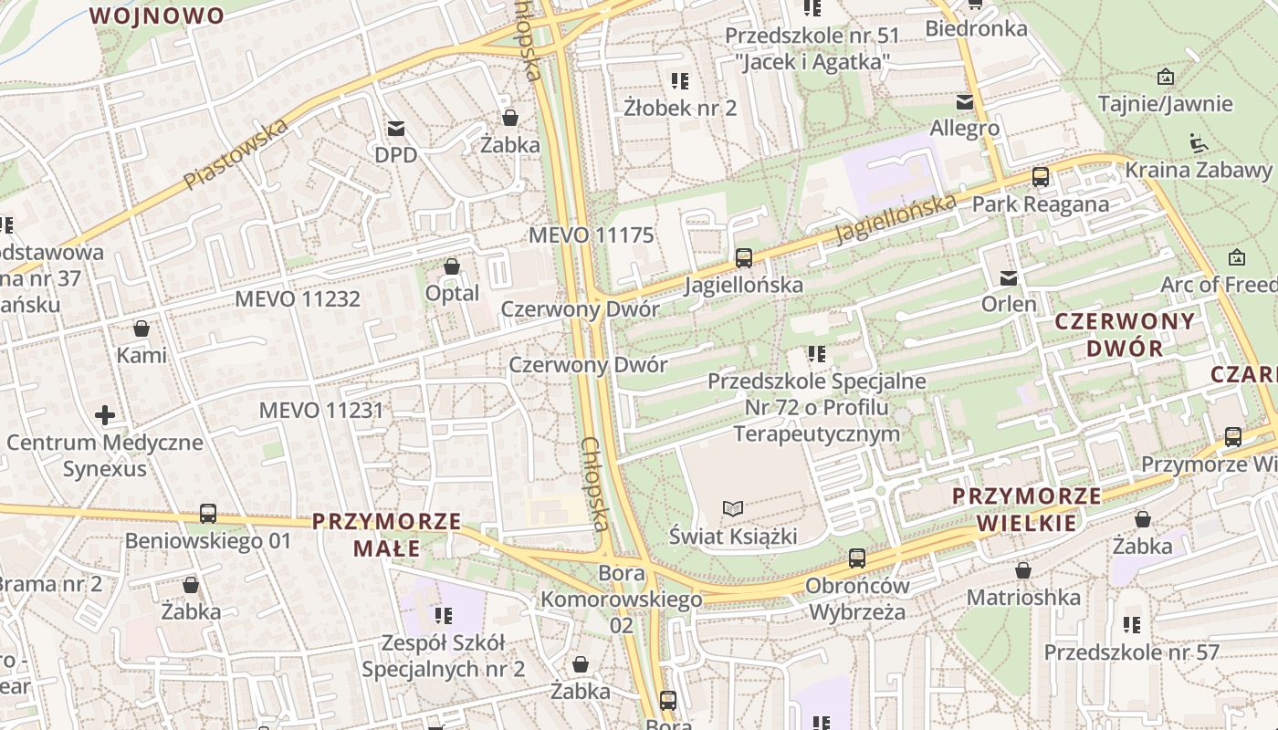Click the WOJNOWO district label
[157, 16]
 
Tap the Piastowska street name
[236, 154]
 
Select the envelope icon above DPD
[396, 129]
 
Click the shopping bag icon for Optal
[452, 266]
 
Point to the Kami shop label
[141, 355]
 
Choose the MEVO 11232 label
[298, 299]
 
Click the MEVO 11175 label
[592, 235]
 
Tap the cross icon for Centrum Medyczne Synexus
[105, 416]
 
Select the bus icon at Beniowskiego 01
[208, 514]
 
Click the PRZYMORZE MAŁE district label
[386, 535]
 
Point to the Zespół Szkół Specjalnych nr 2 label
[444, 656]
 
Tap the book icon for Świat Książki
[733, 508]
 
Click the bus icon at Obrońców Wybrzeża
[856, 558]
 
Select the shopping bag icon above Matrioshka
[1023, 570]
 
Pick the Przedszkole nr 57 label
[1131, 652]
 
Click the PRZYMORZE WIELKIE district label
[1027, 509]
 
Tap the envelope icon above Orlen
[1009, 277]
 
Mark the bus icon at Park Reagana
[1040, 177]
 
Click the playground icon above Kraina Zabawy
[1198, 143]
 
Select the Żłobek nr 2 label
[680, 108]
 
